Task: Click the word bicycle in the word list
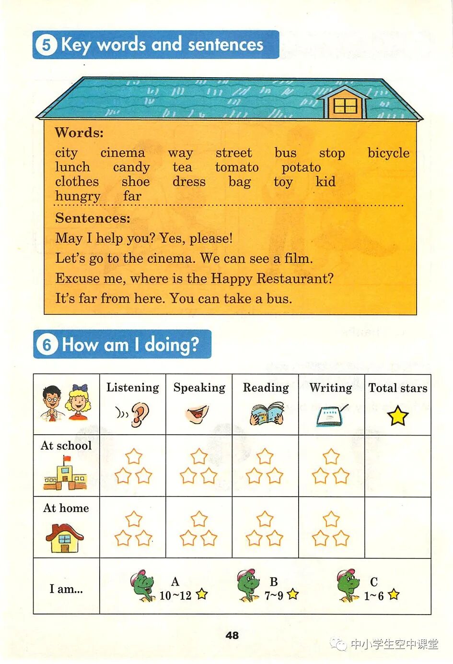388,153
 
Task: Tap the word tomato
237,167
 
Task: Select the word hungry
78,196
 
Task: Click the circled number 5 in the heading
46,45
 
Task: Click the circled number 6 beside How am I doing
46,344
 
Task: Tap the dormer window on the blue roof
345,105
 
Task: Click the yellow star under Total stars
398,416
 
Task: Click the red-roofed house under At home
65,537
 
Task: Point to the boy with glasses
52,403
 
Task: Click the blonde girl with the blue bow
78,402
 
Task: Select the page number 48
232,635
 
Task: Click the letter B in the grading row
274,581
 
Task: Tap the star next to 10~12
202,594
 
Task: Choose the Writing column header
331,388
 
